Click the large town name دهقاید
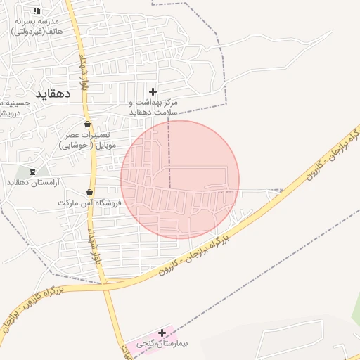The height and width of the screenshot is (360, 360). point(52,91)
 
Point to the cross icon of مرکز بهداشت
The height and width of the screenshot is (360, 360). point(153,91)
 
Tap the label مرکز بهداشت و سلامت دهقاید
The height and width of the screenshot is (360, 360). point(153,107)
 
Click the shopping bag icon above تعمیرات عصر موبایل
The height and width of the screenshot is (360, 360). point(87,124)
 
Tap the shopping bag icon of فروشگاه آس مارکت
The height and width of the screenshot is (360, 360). point(89,192)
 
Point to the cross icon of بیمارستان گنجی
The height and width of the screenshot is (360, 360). point(162,333)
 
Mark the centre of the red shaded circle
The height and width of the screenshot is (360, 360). point(180,179)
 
